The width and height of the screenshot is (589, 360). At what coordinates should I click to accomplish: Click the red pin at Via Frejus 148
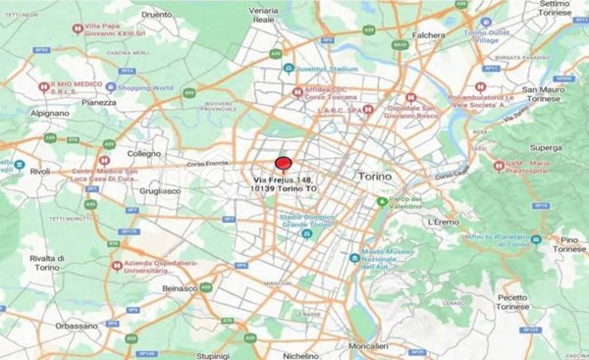pos(283,165)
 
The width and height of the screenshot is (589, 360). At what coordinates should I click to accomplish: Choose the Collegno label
pos(144,154)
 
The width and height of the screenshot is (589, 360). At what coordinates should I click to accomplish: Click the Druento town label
pos(156,15)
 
